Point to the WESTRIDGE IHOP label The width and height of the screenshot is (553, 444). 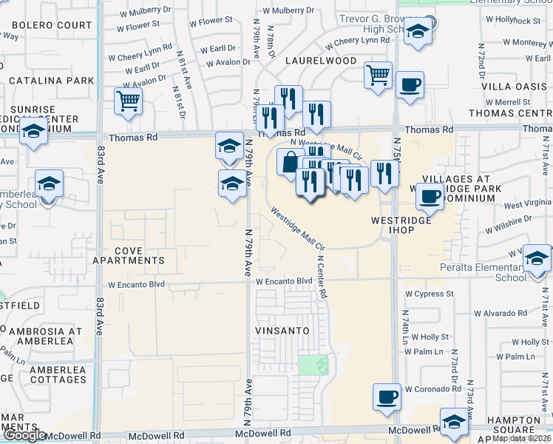pyautogui.click(x=401, y=226)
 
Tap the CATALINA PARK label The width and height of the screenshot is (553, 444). pyautogui.click(x=51, y=81)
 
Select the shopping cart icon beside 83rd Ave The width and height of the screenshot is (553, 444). pyautogui.click(x=129, y=101)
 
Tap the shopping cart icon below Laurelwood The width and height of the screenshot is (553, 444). pyautogui.click(x=378, y=75)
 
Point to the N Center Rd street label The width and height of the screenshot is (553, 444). pyautogui.click(x=322, y=277)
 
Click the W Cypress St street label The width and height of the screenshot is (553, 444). pyautogui.click(x=429, y=294)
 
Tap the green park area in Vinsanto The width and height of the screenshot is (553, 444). pyautogui.click(x=313, y=364)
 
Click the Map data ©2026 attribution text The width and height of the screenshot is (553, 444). pyautogui.click(x=522, y=438)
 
